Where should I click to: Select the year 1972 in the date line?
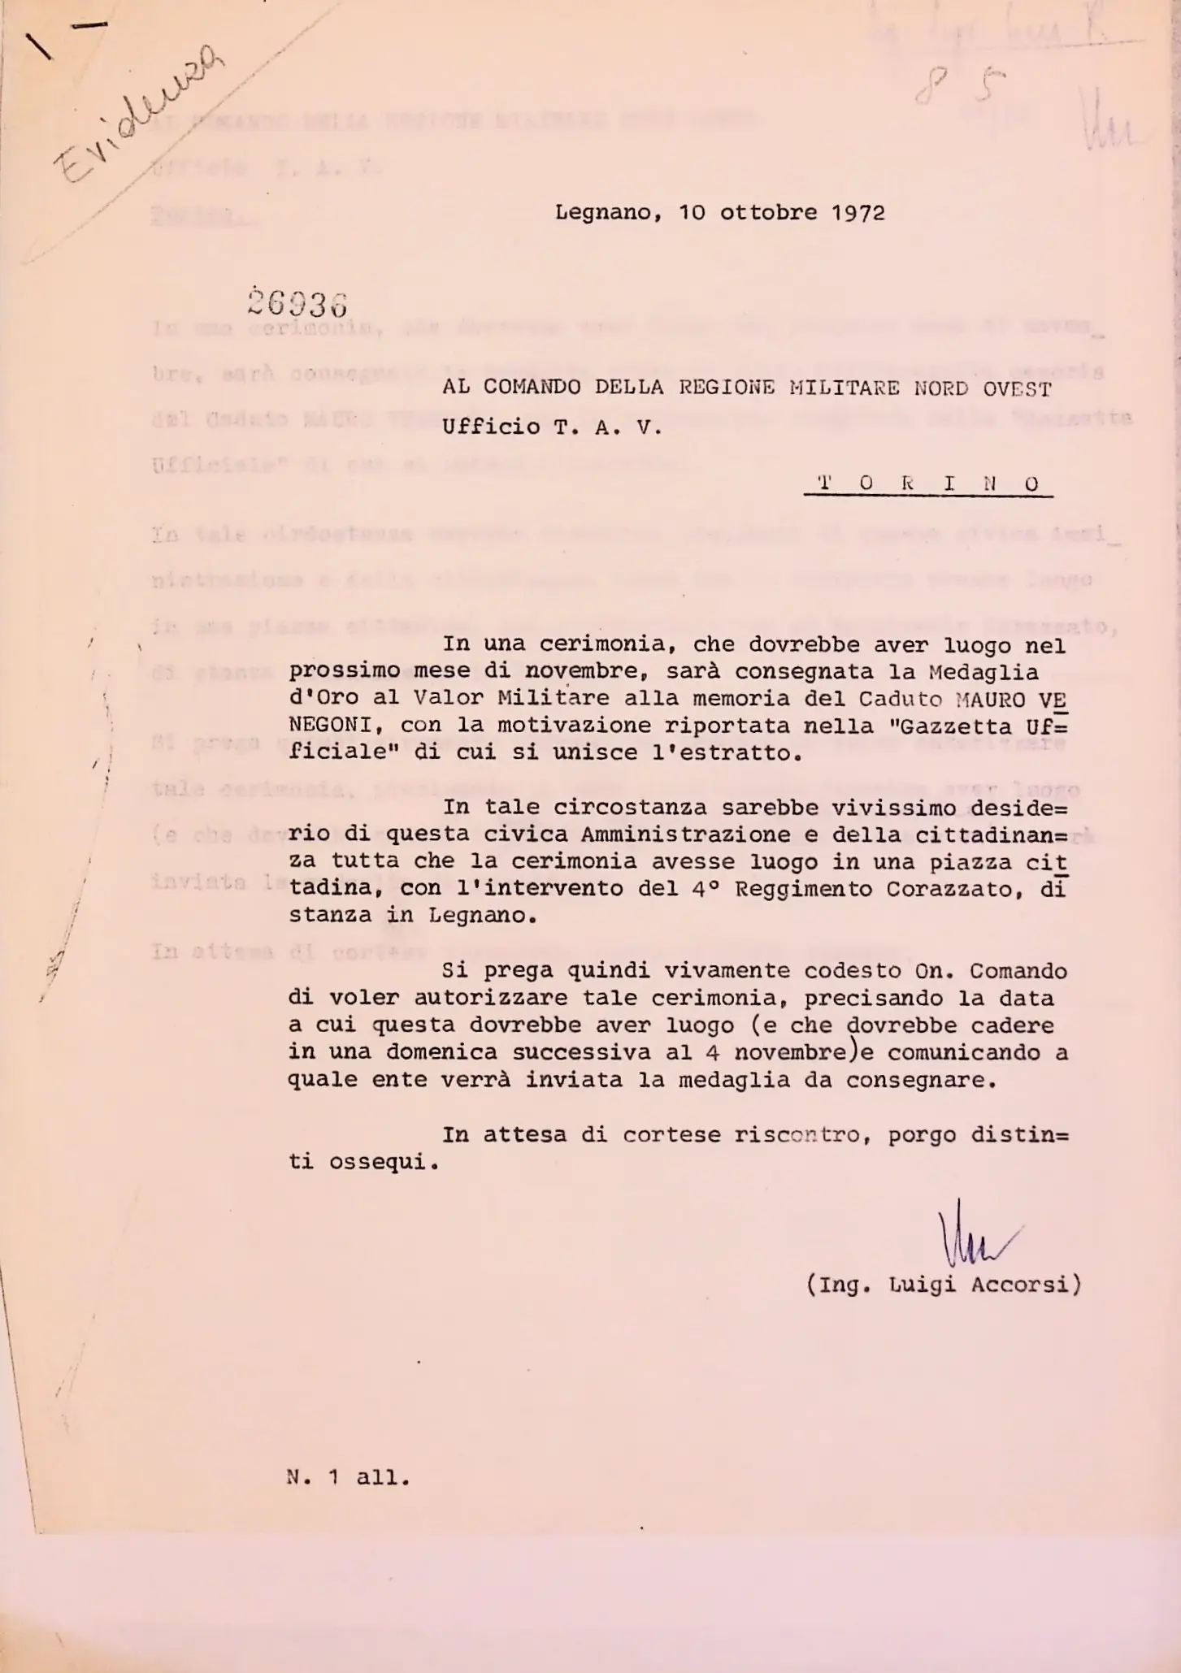[x=858, y=213]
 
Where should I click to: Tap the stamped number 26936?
[x=297, y=303]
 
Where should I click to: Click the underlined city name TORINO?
[x=927, y=484]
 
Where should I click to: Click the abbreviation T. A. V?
[x=609, y=427]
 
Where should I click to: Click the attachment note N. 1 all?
[x=349, y=1478]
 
